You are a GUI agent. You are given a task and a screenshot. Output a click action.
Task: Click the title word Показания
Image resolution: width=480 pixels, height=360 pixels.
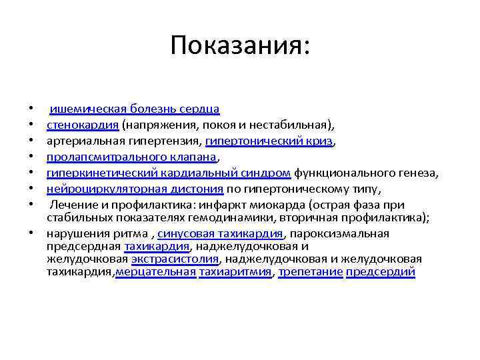[x=239, y=45]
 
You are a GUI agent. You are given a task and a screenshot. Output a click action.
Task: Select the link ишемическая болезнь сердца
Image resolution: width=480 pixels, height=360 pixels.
[x=135, y=108]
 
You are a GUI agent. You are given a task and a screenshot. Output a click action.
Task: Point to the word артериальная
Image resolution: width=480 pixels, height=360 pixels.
[x=79, y=141]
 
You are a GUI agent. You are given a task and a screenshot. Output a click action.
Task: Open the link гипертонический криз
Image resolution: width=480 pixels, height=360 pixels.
[x=269, y=141]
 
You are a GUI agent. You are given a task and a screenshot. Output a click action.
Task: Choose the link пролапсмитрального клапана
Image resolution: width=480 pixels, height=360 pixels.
[x=132, y=157]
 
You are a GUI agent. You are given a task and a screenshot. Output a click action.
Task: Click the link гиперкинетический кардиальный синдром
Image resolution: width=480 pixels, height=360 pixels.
[x=169, y=173]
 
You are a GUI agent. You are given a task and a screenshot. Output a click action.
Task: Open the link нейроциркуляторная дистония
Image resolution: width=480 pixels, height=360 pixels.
[x=135, y=189]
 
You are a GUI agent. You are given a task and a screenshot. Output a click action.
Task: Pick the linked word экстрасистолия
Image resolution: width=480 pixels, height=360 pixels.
[x=176, y=259]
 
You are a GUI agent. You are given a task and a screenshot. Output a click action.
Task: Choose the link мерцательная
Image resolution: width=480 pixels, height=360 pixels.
[x=156, y=272]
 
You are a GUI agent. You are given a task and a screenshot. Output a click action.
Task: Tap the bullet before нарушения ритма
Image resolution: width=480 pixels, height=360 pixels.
[x=31, y=234]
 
